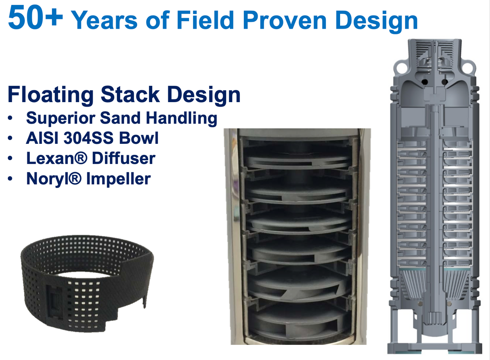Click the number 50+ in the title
pos(36,17)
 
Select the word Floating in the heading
pos(51,94)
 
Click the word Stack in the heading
pos(130,94)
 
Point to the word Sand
pos(121,118)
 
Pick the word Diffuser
pos(124,158)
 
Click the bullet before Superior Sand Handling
pos(10,118)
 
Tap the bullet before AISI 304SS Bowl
pos(10,138)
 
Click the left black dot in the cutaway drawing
pos(425,82)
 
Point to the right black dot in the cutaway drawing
pos(444,82)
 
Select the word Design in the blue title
pos(376,21)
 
